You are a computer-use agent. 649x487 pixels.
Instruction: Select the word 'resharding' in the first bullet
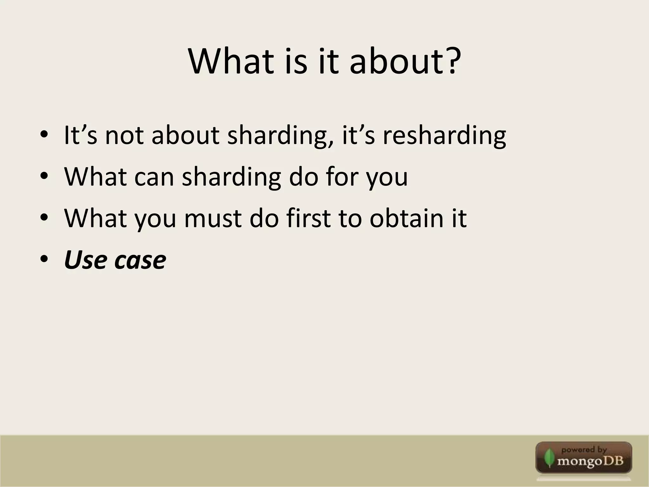(444, 136)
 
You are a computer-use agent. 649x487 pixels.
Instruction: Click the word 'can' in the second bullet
(154, 177)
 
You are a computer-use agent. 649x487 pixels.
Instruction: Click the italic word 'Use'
(85, 260)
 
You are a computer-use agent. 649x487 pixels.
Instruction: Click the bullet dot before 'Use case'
(44, 260)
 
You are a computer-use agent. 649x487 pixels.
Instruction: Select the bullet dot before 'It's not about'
(44, 136)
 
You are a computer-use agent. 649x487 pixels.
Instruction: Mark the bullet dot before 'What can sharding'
(44, 177)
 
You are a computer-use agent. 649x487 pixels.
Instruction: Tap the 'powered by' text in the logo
(584, 450)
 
